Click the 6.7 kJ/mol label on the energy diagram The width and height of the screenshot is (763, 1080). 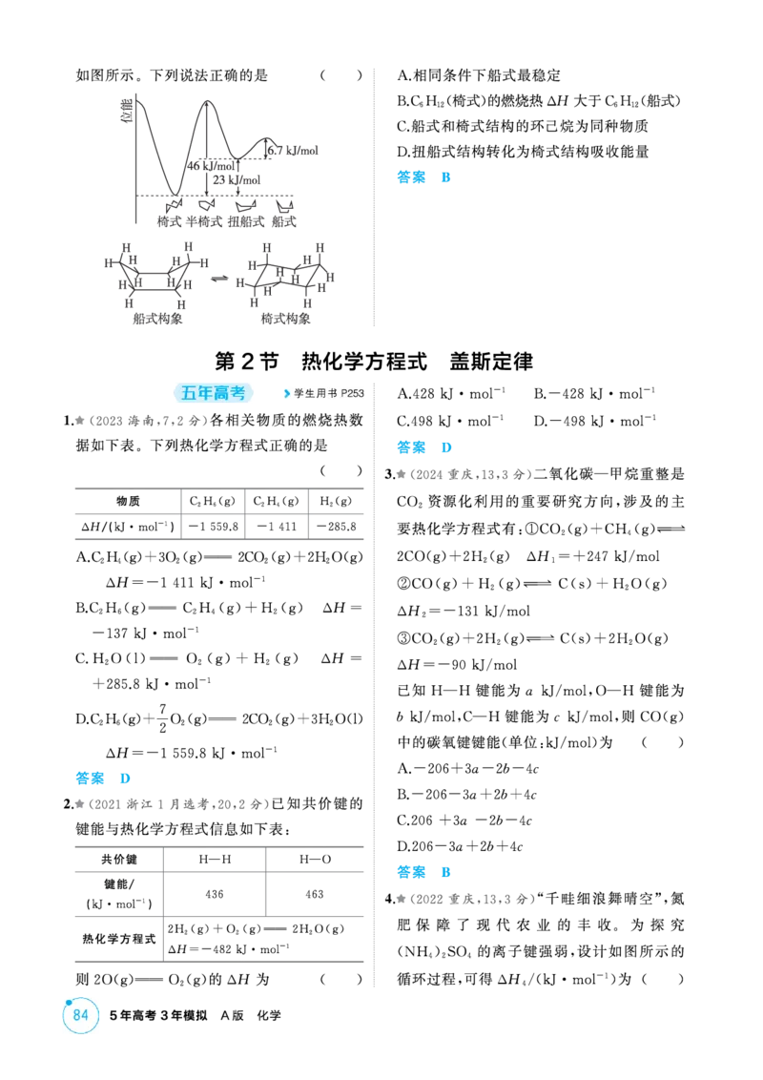(x=294, y=150)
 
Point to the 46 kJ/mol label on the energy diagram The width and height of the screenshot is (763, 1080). (x=212, y=166)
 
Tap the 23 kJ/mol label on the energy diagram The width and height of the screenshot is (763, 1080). (x=237, y=179)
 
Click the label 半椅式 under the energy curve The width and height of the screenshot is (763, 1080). (x=204, y=221)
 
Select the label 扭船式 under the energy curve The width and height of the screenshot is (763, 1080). (x=246, y=221)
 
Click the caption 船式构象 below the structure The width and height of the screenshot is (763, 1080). (x=157, y=319)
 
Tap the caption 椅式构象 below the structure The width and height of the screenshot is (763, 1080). (x=286, y=319)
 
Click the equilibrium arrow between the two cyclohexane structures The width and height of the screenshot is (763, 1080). (x=219, y=279)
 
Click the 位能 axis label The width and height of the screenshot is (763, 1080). (x=127, y=111)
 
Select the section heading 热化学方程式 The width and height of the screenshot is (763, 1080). (x=364, y=362)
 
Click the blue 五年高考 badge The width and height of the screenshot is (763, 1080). (x=213, y=393)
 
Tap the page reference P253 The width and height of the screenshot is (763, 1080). (x=353, y=393)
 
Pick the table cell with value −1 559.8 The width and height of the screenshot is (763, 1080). (x=214, y=527)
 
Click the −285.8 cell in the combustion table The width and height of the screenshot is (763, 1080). (x=337, y=527)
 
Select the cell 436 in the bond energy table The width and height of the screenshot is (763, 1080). (x=215, y=894)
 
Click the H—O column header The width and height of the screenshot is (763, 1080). (x=315, y=860)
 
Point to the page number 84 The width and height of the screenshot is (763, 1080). (x=80, y=1015)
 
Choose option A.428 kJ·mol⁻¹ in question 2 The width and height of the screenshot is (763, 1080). (x=451, y=394)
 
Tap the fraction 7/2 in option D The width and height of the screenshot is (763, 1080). (x=162, y=718)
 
